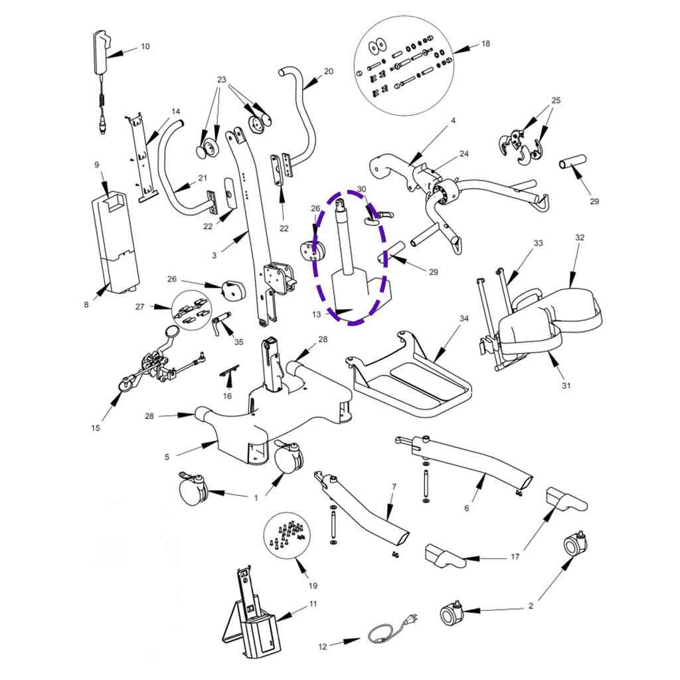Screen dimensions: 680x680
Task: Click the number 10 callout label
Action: pos(145,46)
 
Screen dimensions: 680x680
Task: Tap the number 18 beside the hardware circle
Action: pos(485,44)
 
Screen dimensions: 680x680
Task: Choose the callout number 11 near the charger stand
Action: pos(313,604)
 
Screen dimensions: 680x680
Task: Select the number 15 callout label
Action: pos(96,428)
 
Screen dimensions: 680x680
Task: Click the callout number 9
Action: pos(96,164)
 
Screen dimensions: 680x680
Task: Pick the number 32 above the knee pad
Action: pos(580,237)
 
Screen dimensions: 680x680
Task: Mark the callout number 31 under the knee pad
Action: pos(565,385)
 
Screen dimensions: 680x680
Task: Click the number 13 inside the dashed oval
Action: pos(316,314)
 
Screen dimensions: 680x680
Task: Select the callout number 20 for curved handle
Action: pos(328,71)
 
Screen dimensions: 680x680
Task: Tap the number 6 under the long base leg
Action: pos(466,508)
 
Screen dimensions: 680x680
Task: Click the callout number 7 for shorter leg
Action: pos(393,487)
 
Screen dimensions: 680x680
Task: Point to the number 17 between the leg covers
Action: pos(515,556)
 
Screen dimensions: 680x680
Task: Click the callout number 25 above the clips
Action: pos(556,100)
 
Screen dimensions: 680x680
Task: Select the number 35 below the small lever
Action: pos(238,342)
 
